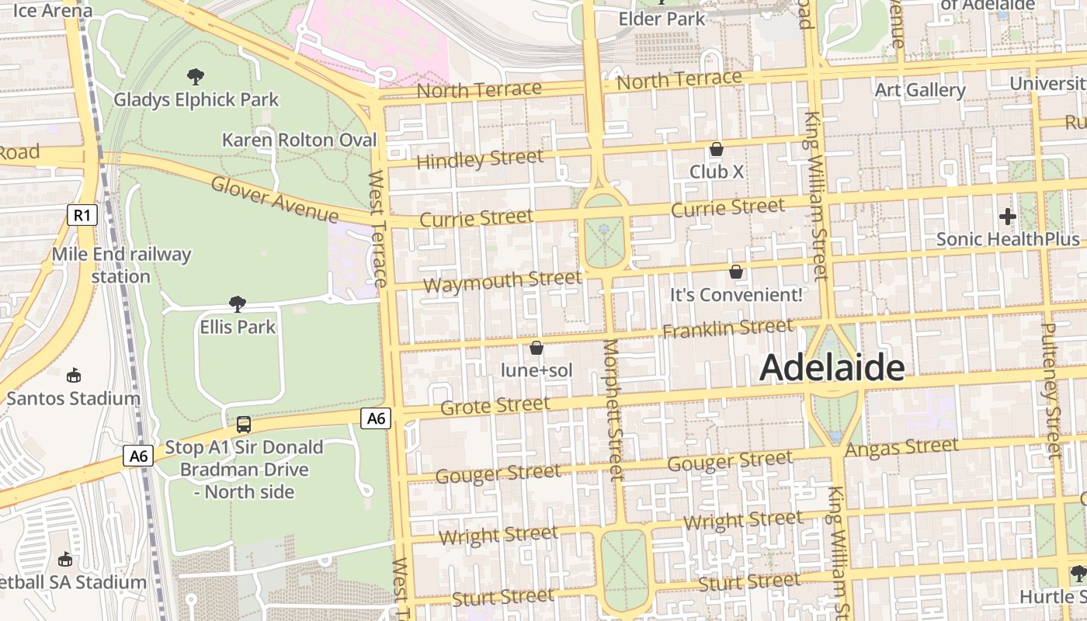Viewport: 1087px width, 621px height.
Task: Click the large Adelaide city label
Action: (832, 368)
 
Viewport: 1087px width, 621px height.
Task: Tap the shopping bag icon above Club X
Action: (716, 148)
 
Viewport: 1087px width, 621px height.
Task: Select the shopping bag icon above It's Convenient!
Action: (735, 272)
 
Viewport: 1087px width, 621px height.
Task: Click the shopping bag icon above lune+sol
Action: (536, 348)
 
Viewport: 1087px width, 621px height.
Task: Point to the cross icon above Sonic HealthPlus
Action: (1008, 217)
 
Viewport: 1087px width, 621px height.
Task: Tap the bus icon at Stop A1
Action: (243, 424)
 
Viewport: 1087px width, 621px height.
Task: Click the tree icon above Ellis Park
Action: (238, 304)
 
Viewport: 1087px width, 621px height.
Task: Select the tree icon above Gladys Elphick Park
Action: (196, 76)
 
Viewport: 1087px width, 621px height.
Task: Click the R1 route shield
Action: (82, 215)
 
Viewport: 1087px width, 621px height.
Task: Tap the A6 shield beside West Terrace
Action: (376, 419)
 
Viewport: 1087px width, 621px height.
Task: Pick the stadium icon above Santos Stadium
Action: (73, 376)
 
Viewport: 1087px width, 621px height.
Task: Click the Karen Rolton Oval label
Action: (299, 141)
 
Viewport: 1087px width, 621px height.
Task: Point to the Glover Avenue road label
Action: (275, 199)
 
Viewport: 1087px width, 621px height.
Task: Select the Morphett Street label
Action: (613, 409)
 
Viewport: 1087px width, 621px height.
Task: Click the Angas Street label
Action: (901, 448)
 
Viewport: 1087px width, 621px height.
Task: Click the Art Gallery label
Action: (920, 90)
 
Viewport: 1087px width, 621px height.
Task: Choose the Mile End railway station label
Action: (121, 265)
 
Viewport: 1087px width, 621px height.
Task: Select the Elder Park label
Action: (662, 18)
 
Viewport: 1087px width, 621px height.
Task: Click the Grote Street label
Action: (495, 406)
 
